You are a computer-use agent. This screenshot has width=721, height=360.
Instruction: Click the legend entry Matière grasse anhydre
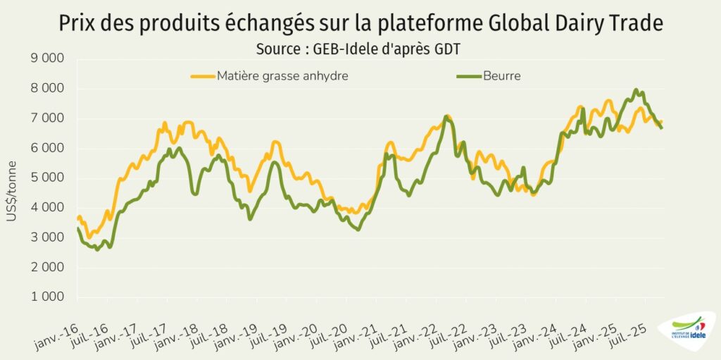(282, 75)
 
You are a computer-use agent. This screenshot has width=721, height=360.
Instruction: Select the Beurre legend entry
(502, 75)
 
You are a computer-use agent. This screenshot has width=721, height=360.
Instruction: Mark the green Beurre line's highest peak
(636, 89)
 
